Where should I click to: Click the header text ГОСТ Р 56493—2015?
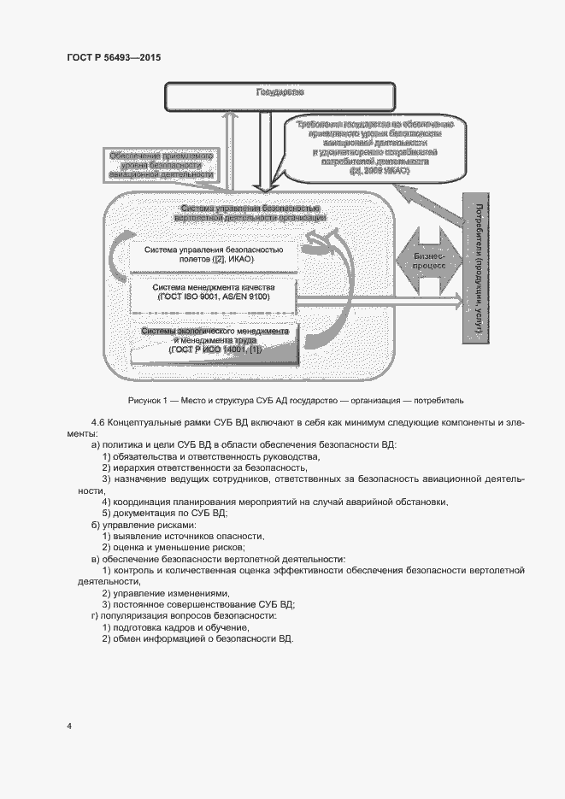pyautogui.click(x=113, y=57)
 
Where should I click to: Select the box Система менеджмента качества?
pyautogui.click(x=214, y=292)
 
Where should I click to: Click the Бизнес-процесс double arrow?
pyautogui.click(x=429, y=261)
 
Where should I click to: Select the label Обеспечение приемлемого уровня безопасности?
pyautogui.click(x=160, y=165)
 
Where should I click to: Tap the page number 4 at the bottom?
pyautogui.click(x=69, y=726)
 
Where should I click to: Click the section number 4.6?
pyautogui.click(x=99, y=423)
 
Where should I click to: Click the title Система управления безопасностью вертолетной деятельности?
pyautogui.click(x=250, y=214)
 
